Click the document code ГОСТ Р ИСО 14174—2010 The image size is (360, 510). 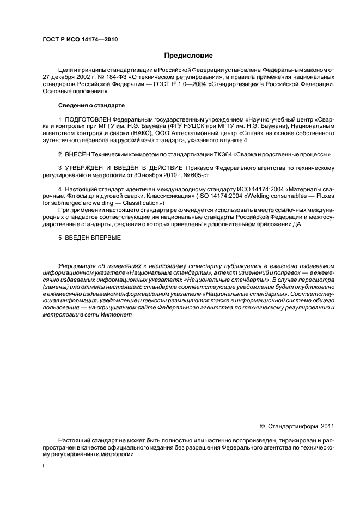80,39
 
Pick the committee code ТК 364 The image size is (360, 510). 214,155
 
